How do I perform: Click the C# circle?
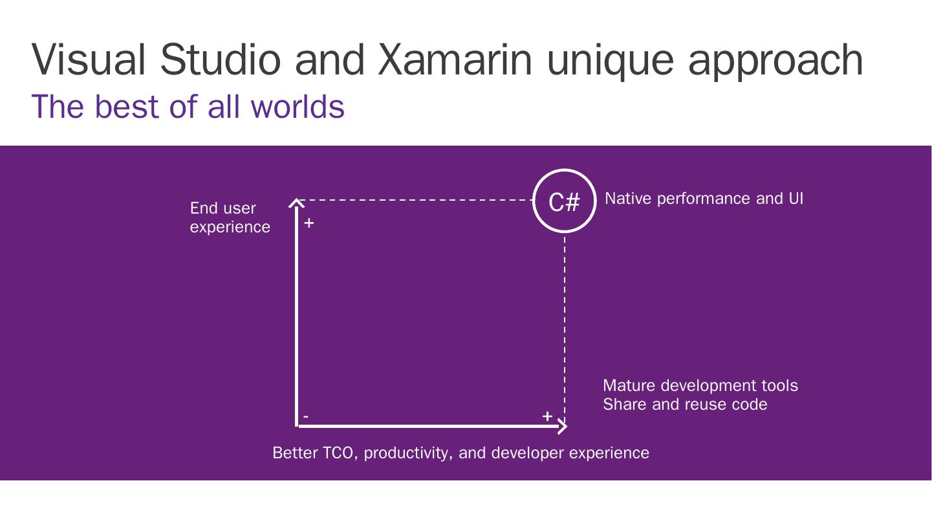click(564, 201)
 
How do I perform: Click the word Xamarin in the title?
click(455, 60)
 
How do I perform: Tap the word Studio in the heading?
click(220, 60)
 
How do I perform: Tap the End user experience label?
click(230, 218)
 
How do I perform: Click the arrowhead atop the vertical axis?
click(296, 203)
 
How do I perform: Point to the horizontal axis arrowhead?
click(563, 426)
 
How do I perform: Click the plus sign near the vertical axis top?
click(309, 223)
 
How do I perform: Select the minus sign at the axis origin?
click(306, 416)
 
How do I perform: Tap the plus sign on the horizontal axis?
click(547, 416)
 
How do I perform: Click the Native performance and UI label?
click(704, 199)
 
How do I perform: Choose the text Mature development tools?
click(700, 386)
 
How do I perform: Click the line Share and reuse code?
click(684, 405)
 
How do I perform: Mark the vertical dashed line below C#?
click(565, 324)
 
